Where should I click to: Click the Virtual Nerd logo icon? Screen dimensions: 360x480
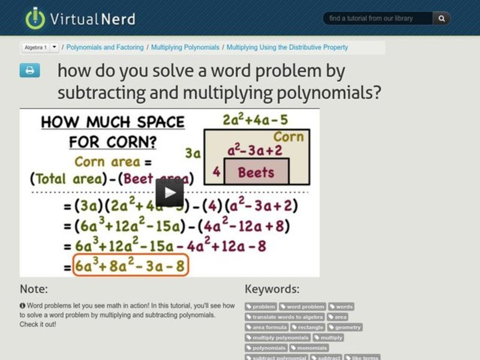(x=35, y=18)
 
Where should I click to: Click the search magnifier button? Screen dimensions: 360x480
(x=441, y=19)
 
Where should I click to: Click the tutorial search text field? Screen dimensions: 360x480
(x=378, y=19)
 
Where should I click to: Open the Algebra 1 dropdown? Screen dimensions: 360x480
(x=54, y=47)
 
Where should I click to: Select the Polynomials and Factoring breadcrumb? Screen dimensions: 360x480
(x=105, y=47)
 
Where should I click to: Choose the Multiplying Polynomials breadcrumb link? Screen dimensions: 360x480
(x=185, y=47)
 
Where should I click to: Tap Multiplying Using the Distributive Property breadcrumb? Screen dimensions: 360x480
(x=287, y=47)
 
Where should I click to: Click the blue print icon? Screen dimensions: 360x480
(x=29, y=71)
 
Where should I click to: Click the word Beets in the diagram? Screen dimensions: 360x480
(x=256, y=173)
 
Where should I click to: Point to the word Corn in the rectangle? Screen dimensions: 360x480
(x=289, y=137)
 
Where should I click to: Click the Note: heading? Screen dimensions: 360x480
(x=34, y=289)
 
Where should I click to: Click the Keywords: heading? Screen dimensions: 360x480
(x=272, y=289)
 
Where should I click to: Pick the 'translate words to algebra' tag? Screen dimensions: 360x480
(x=285, y=317)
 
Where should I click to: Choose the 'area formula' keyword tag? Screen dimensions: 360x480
(x=267, y=327)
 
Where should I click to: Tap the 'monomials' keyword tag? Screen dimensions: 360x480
(x=310, y=347)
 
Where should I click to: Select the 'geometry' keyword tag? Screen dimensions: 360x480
(x=345, y=327)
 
